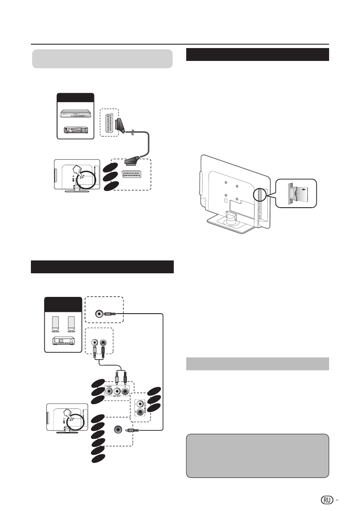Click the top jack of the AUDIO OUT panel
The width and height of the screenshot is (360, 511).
click(x=139, y=404)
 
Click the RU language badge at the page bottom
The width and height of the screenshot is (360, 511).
click(x=327, y=499)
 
